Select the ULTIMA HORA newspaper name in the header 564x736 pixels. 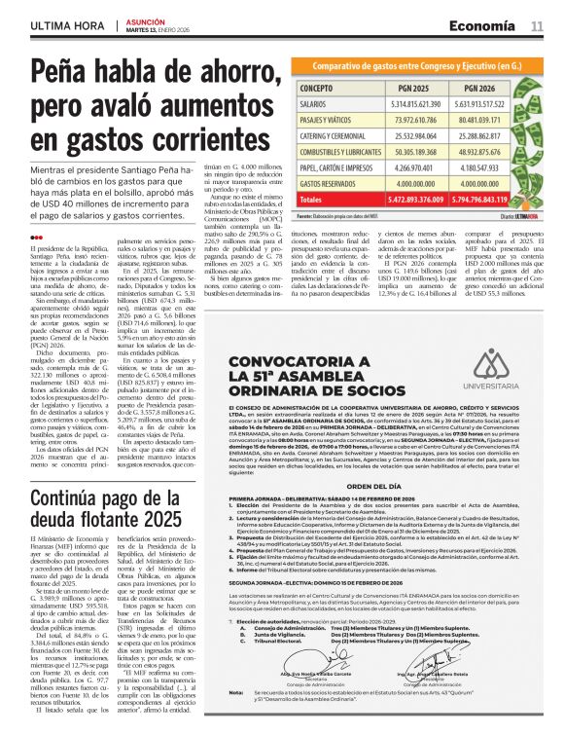coord(65,25)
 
